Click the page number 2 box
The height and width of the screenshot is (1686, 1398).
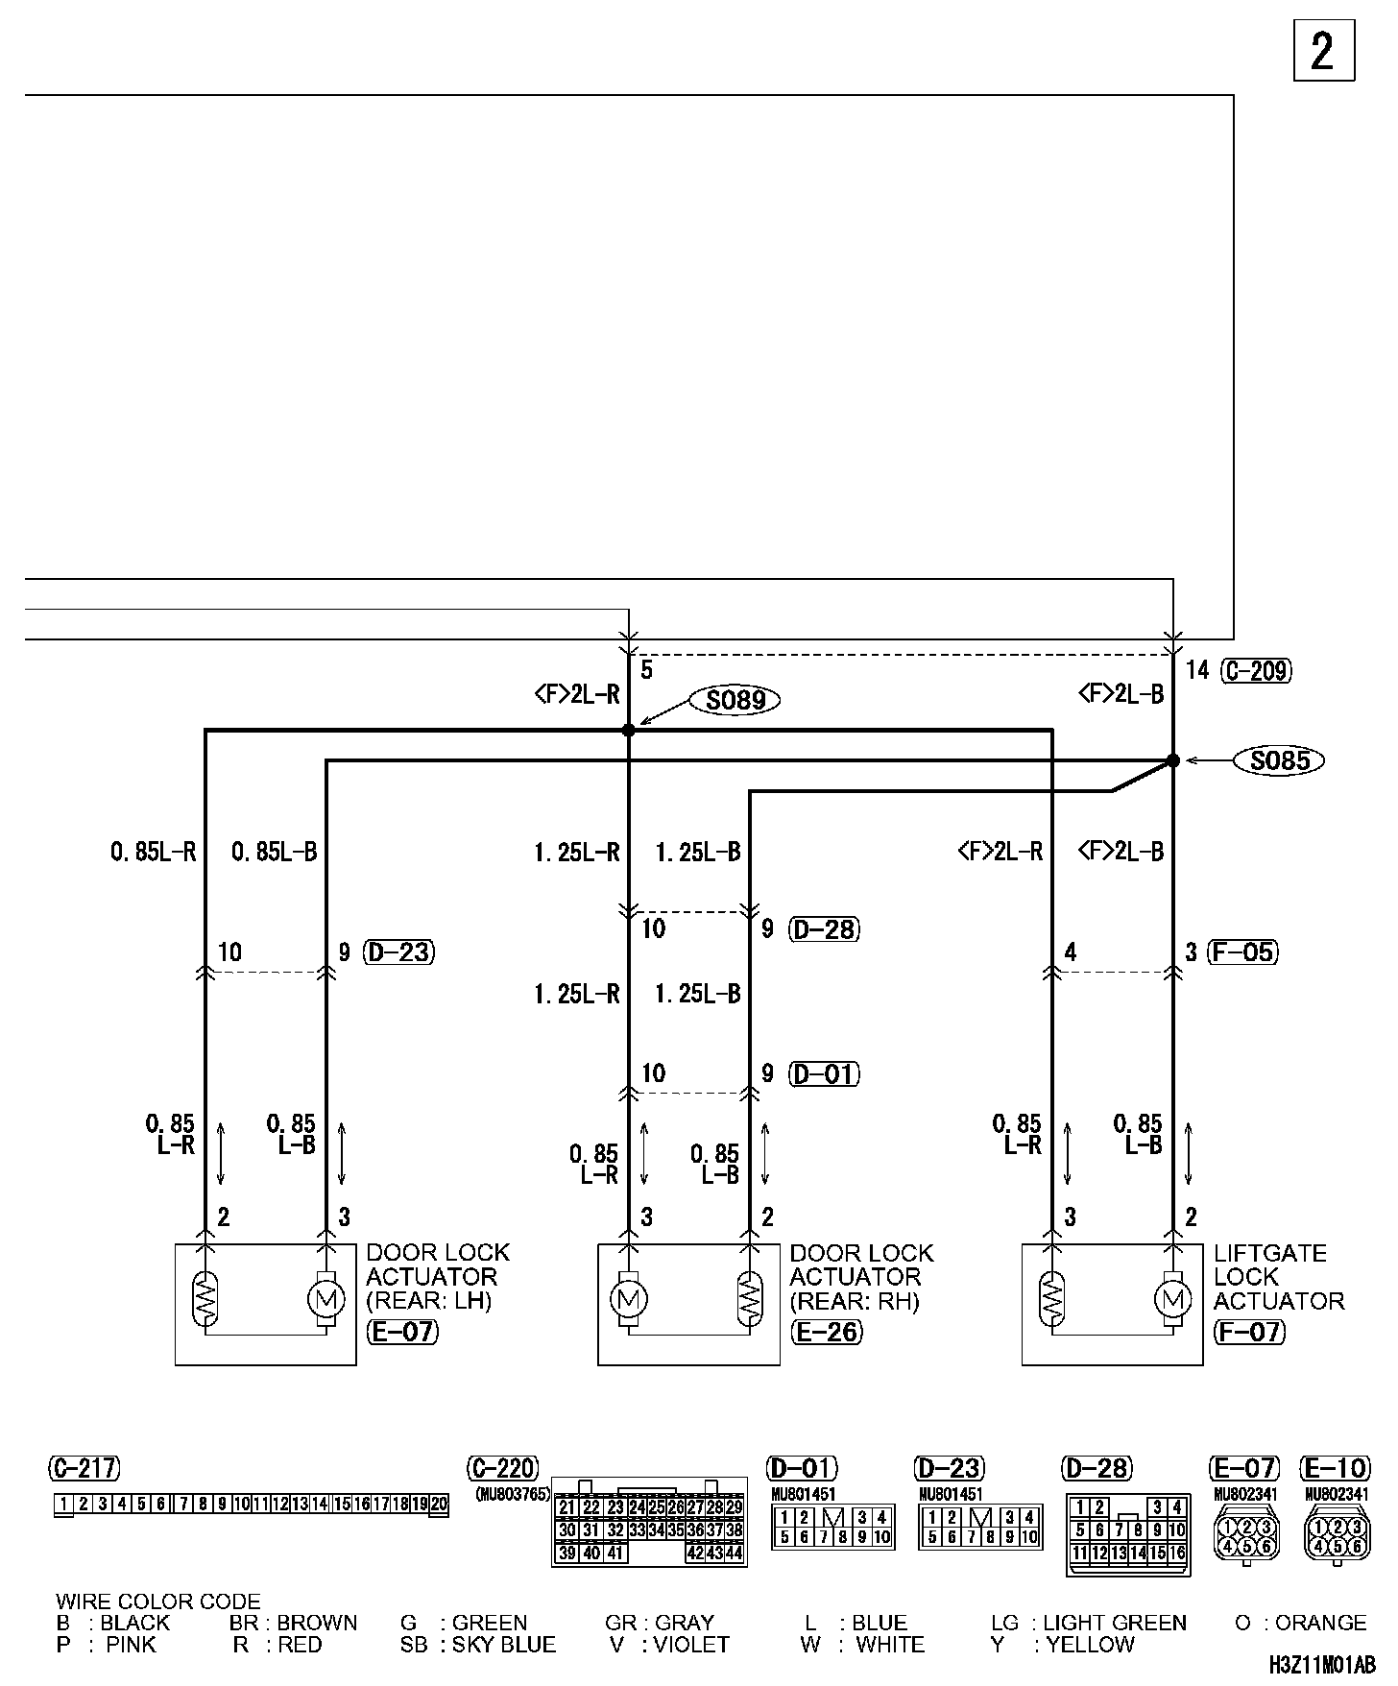coord(1323,51)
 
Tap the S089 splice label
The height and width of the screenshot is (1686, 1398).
coord(735,700)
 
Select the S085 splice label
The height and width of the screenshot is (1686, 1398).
coord(1281,761)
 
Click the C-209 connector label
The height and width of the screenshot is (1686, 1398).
coord(1256,670)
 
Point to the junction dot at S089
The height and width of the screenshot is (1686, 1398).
coord(629,731)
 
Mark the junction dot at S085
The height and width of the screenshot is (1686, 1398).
coord(1172,760)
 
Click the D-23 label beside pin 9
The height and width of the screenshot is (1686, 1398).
coord(399,952)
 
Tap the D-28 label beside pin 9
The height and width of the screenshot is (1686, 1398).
coord(824,929)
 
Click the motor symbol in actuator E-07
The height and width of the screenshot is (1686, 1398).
coord(325,1300)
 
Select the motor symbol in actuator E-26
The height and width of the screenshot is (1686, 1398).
coord(629,1300)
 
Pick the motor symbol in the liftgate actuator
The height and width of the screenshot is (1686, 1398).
coord(1172,1300)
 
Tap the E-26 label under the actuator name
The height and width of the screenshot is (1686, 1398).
coord(826,1332)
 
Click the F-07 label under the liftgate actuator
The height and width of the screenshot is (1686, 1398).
coord(1249,1332)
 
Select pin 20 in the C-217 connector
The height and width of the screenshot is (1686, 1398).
coord(439,1505)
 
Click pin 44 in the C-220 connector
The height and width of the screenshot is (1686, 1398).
coord(735,1554)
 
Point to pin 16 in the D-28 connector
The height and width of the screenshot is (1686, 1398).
coord(1177,1554)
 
